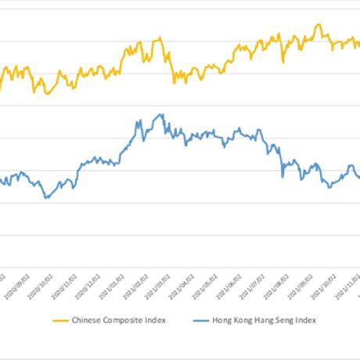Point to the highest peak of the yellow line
point(317,24)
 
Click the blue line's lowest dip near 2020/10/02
point(46,198)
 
